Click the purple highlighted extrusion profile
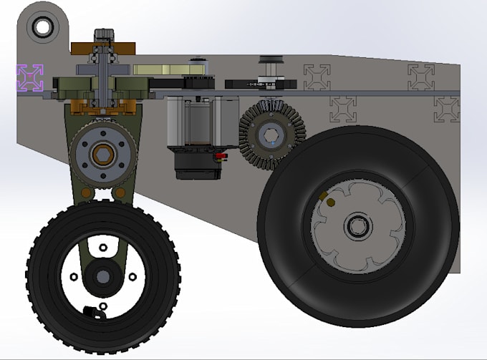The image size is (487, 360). point(30,77)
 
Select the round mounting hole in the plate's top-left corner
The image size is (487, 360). point(42,28)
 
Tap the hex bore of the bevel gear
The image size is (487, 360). point(271,136)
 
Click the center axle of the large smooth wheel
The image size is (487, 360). point(357,227)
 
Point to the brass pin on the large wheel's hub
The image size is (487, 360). point(330,203)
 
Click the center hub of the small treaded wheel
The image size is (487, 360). point(103,276)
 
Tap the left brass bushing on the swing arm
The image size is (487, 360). point(86,193)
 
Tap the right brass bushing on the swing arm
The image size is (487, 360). point(120,193)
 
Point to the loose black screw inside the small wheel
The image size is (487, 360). point(91,311)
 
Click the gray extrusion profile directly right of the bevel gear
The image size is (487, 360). point(343,109)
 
